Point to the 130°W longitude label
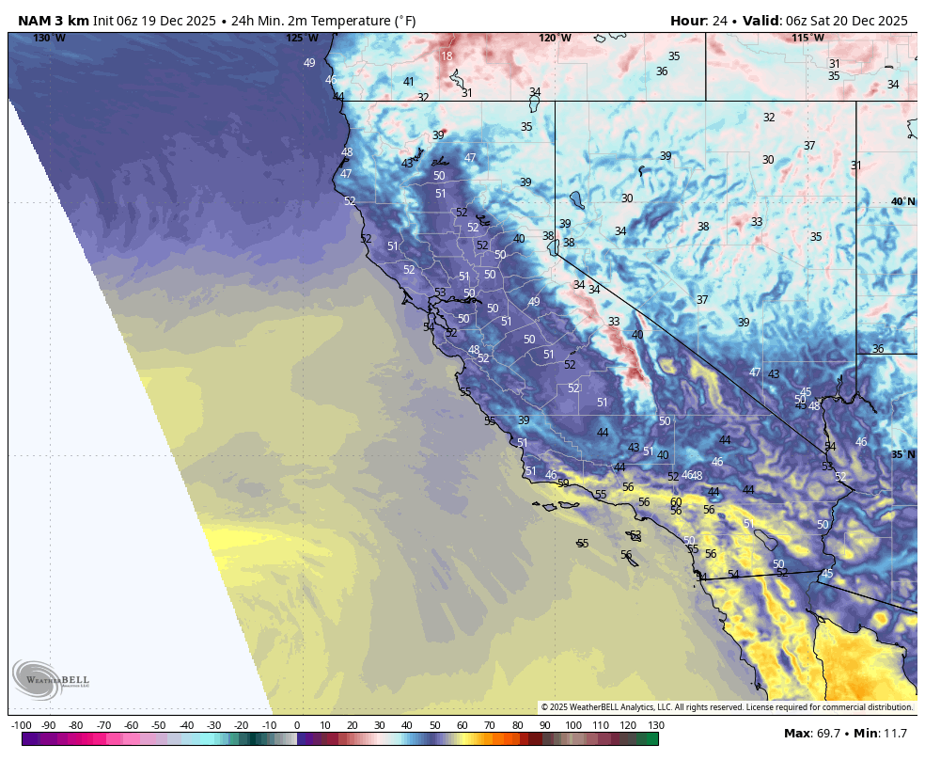point(49,38)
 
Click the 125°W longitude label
point(302,38)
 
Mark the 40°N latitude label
point(902,202)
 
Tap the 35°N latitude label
point(902,454)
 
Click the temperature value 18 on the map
point(447,56)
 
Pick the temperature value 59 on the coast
point(563,483)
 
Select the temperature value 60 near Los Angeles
point(676,502)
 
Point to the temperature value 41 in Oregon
point(409,82)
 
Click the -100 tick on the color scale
point(22,725)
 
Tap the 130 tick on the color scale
point(655,725)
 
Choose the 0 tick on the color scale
point(297,725)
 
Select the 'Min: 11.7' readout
point(880,733)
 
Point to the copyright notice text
point(726,707)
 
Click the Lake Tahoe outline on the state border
point(555,246)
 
